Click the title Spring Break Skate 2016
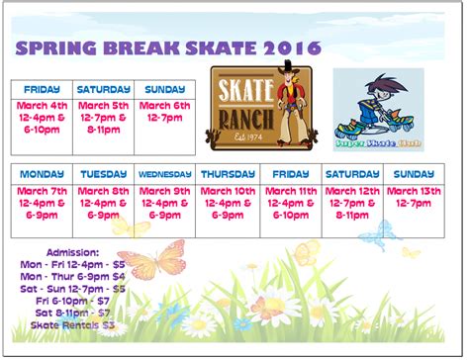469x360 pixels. tap(167, 47)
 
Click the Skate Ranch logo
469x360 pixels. tap(260, 105)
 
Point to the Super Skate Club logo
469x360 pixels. tap(377, 108)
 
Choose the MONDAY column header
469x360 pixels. tap(41, 174)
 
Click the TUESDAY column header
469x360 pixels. tap(103, 174)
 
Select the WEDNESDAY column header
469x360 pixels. tap(164, 174)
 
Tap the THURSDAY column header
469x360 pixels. tap(228, 174)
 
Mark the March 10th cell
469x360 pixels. tap(228, 202)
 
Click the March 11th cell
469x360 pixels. tap(289, 202)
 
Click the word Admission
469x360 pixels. tap(72, 252)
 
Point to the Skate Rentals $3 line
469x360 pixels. tap(72, 324)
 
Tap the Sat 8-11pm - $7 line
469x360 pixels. tap(72, 313)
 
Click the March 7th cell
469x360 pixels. tap(41, 202)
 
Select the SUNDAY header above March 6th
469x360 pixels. tap(162, 88)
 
